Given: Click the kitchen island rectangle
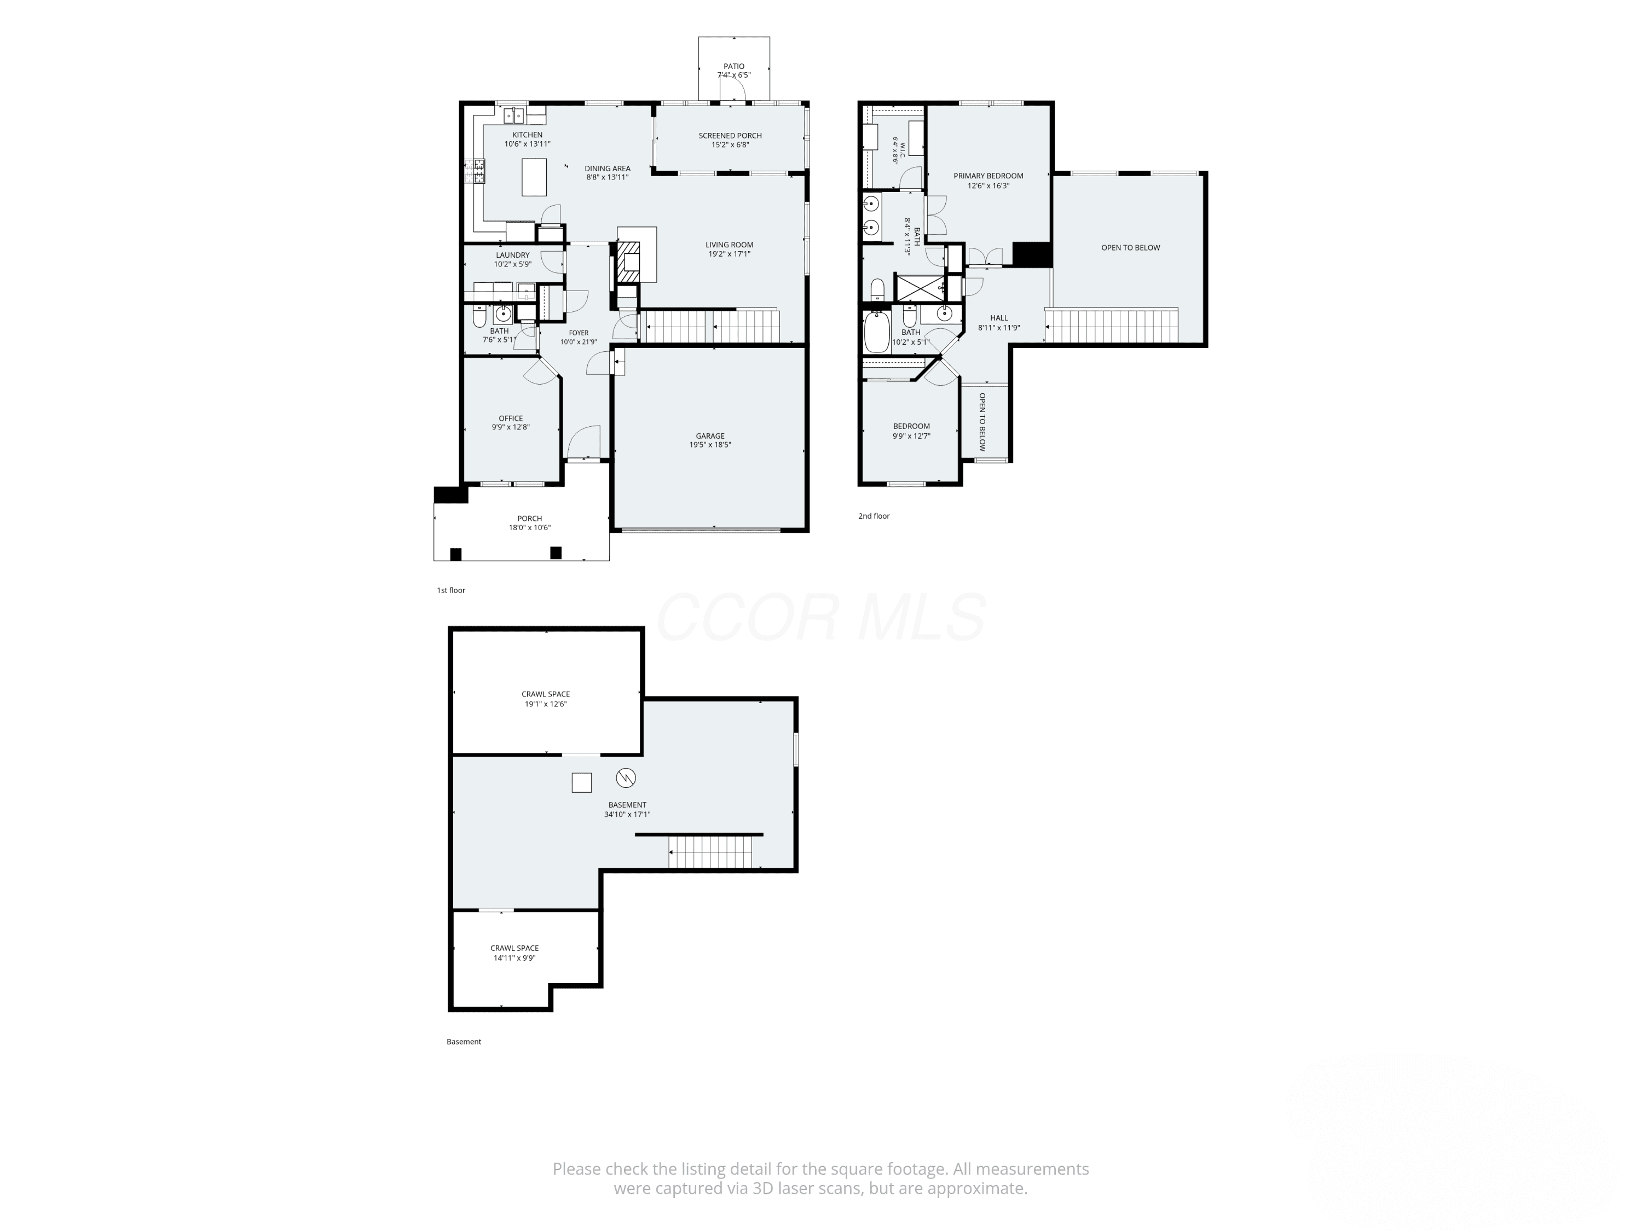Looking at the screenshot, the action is (x=534, y=177).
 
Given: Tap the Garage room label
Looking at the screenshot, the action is (x=710, y=436).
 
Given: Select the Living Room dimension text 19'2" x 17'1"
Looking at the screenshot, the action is (x=729, y=254).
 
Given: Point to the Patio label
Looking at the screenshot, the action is (x=734, y=67).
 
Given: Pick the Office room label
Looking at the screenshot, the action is (x=511, y=419).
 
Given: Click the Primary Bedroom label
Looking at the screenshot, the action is (x=988, y=176).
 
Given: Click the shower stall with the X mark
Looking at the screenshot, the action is (x=921, y=287).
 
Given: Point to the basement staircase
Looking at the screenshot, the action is (x=710, y=852).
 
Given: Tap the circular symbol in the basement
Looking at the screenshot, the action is (x=626, y=777).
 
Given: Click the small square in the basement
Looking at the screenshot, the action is (x=581, y=783).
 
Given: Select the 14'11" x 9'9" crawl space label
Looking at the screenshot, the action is (x=514, y=953).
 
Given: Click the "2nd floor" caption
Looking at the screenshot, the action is (x=874, y=516).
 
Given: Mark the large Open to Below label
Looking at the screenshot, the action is (x=1131, y=248).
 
